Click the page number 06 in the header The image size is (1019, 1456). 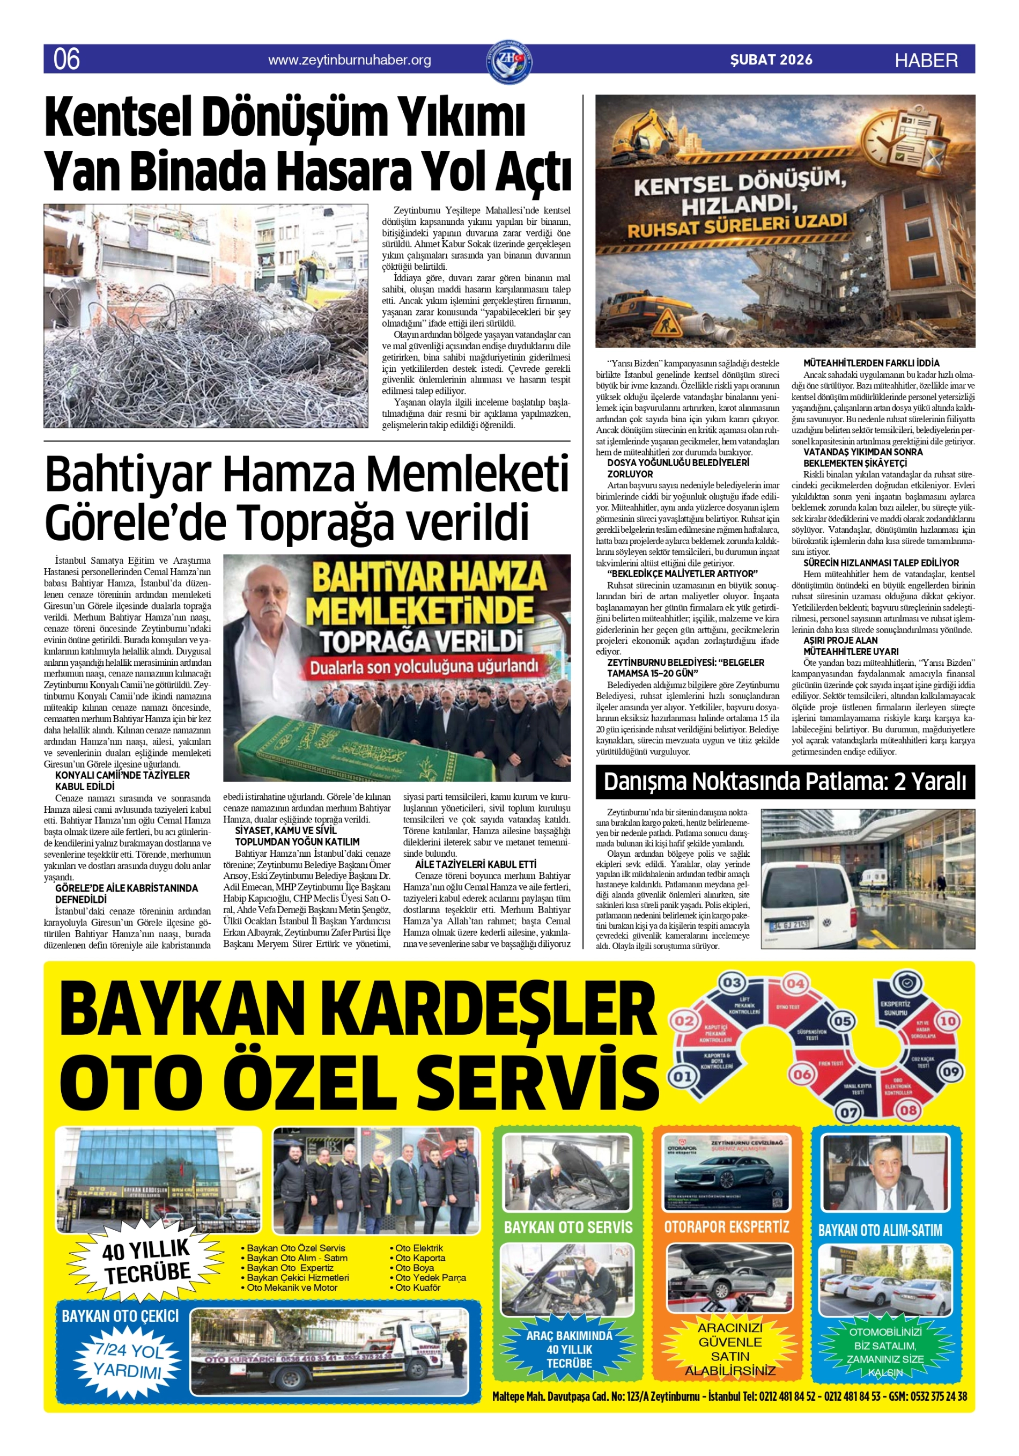[x=67, y=60]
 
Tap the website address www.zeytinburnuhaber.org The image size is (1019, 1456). [x=349, y=60]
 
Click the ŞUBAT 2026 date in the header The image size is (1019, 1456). [x=771, y=60]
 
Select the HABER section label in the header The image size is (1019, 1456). [x=926, y=60]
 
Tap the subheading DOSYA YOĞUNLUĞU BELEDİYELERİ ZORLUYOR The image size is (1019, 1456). [x=678, y=468]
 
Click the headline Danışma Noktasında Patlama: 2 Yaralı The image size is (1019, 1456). [x=785, y=782]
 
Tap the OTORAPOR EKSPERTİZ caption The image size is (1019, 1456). [x=727, y=1227]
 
